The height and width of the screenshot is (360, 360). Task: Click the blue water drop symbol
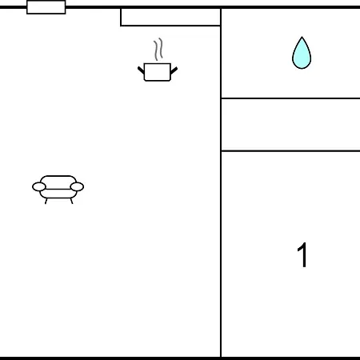[x=302, y=54]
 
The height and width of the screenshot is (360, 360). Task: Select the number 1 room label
[x=302, y=254]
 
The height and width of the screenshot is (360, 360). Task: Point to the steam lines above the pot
[x=158, y=50]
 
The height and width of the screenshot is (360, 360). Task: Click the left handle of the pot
[x=141, y=70]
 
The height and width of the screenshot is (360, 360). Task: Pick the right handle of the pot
[x=174, y=70]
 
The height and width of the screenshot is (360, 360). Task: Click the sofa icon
[x=58, y=190]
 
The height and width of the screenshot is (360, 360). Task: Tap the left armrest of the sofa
[x=39, y=187]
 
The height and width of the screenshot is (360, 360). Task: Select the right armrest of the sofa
[x=77, y=187]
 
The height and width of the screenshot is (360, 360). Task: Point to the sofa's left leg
[x=46, y=201]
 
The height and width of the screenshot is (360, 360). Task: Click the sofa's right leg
[x=71, y=201]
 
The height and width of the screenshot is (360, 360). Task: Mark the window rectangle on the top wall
[x=46, y=7]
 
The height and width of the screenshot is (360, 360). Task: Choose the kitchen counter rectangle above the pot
[x=170, y=17]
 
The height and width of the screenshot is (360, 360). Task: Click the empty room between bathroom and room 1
[x=290, y=125]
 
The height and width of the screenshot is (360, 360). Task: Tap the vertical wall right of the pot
[x=221, y=182]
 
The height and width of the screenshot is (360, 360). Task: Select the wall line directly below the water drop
[x=290, y=98]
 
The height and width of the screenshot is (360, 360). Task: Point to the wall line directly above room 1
[x=290, y=151]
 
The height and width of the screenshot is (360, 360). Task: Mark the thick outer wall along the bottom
[x=180, y=358]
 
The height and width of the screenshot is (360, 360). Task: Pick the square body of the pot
[x=158, y=72]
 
